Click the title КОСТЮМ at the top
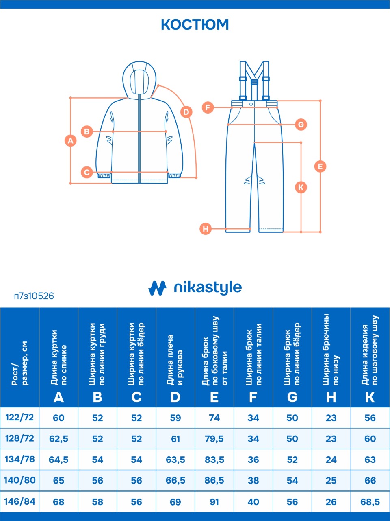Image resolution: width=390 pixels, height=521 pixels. point(195,24)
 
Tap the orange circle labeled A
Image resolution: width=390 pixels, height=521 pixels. point(71,141)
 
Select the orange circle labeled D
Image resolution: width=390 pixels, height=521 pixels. point(186,112)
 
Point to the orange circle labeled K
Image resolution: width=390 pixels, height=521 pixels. point(301,188)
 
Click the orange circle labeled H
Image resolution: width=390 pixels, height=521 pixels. point(206,229)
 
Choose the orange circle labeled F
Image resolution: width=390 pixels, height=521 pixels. point(208,107)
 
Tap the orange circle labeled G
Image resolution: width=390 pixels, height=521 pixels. point(301,125)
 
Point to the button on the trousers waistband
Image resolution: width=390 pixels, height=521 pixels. point(251,104)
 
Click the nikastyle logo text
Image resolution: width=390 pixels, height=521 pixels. point(208,288)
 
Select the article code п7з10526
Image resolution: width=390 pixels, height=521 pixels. point(34,296)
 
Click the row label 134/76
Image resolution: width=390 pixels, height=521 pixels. point(19,459)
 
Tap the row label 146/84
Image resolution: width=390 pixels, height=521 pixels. point(19,502)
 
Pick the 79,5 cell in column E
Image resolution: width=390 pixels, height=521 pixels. point(214,439)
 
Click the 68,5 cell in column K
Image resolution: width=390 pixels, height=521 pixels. point(370,502)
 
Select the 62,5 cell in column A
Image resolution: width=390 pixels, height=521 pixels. point(58,439)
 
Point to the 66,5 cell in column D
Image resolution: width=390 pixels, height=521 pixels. point(175,480)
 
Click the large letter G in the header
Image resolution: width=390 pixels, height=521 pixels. point(292,397)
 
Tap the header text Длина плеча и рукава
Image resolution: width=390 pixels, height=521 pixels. point(175,359)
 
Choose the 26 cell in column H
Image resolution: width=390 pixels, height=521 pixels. point(331,502)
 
